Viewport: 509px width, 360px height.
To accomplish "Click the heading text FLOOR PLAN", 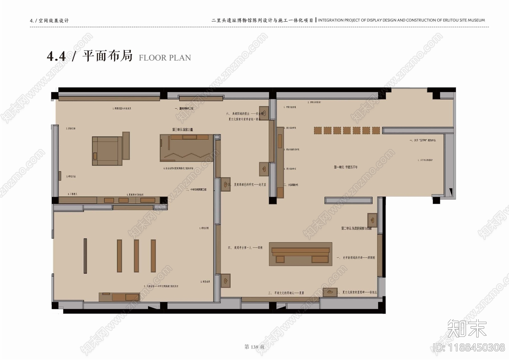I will coord(165,58).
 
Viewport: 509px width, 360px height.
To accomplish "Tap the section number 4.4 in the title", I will coord(56,56).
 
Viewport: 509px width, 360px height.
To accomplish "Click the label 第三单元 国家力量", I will coord(183,130).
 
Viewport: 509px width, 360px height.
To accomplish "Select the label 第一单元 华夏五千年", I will coord(346,167).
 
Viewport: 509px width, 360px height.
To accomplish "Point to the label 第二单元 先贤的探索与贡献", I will coord(356,228).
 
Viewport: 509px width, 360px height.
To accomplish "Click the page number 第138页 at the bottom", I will coord(254,347).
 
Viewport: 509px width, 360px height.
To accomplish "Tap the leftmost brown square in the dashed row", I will coord(318,130).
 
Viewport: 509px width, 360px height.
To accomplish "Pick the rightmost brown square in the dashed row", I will coord(376,130).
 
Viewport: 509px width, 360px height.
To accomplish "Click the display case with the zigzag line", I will coord(186,148).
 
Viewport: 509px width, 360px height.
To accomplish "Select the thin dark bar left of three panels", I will coord(85,256).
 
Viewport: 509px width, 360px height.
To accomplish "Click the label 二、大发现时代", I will coord(291,185).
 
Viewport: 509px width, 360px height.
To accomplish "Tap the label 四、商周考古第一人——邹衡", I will coord(245,247).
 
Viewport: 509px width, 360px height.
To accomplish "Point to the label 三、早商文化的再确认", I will coord(286,293).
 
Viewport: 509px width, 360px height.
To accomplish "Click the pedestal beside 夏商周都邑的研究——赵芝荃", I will coord(226,184).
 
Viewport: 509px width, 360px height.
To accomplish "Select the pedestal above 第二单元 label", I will coord(372,220).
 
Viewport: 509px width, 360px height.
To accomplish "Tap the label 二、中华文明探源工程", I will coord(196,189).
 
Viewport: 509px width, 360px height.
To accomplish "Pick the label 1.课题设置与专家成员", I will coord(122,109).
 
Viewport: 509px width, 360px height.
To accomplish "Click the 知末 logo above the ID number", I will coord(467,328).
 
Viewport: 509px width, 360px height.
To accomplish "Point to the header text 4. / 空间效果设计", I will coord(49,21).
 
